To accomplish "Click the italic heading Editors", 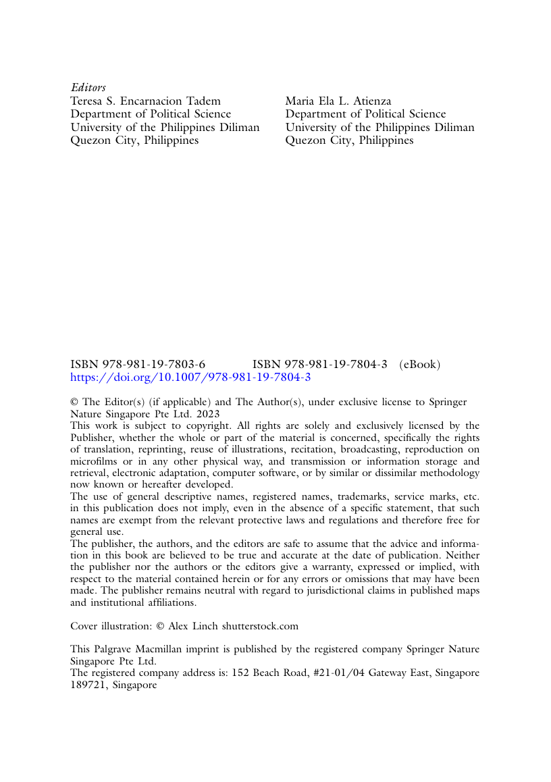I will pyautogui.click(x=88, y=88).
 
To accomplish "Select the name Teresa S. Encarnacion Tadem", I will pyautogui.click(x=146, y=101).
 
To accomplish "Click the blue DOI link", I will pyautogui.click(x=190, y=377).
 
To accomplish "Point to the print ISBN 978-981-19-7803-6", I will pyautogui.click(x=138, y=365).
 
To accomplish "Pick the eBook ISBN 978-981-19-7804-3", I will pyautogui.click(x=319, y=365).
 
